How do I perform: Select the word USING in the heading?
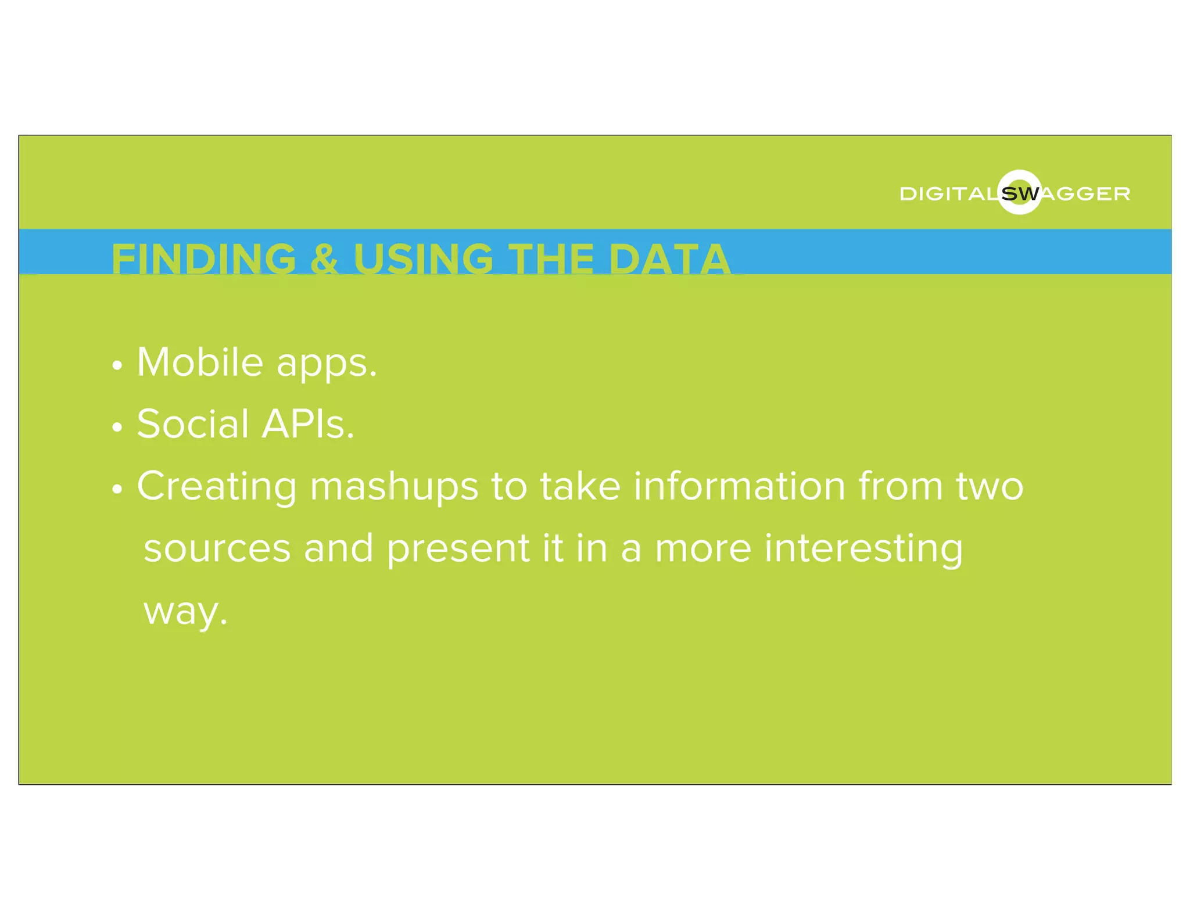tap(423, 259)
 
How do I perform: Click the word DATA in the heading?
tap(669, 259)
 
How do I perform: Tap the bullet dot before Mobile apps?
tap(117, 366)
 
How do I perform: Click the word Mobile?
tap(200, 362)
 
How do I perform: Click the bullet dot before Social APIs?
tap(117, 428)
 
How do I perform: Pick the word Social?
tap(193, 424)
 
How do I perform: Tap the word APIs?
tap(307, 424)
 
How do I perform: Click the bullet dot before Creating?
tap(117, 490)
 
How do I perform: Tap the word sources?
tap(217, 549)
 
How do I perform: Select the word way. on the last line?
tap(185, 612)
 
